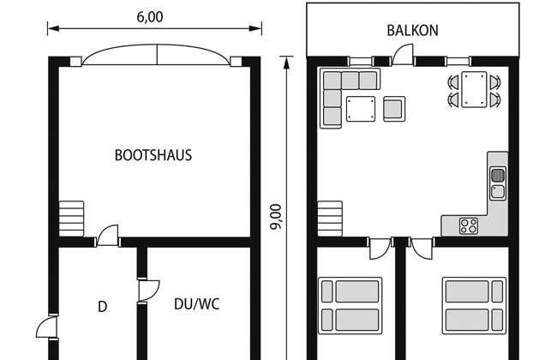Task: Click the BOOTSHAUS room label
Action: coord(153,155)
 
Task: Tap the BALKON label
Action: coord(412,31)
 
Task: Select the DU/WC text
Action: coord(197,304)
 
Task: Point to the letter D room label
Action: coord(102,306)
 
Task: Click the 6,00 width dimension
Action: coord(150,16)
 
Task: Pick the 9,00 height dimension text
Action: coord(276,217)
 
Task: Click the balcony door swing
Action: coord(404,54)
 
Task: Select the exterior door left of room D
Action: coord(46,327)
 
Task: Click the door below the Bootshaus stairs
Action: coord(108,236)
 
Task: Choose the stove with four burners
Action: coord(469,226)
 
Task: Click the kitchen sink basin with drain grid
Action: coord(498,175)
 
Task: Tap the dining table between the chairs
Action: coord(474,89)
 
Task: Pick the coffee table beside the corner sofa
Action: coord(361,109)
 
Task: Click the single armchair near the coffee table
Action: coord(394,109)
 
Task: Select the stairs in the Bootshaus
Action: coord(71,219)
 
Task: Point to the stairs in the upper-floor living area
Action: coord(330,219)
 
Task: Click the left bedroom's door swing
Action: coord(380,249)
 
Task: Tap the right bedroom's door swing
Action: coord(422,249)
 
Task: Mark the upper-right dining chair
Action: coord(495,82)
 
